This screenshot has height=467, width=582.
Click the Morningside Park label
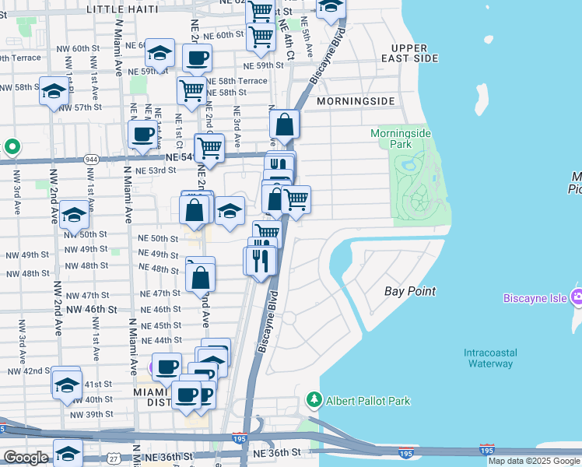pos(400,139)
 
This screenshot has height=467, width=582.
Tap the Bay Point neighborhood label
pos(410,291)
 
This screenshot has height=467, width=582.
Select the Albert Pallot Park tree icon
pos(314,400)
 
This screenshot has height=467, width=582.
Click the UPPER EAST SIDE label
pos(421,53)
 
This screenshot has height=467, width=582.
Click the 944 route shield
pos(90,159)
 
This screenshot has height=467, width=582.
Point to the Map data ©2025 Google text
pos(534,461)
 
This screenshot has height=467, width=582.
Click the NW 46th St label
pos(92,309)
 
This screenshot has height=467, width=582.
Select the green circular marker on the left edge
pos(12,146)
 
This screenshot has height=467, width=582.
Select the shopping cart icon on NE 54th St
pos(209,146)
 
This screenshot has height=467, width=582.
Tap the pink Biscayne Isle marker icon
pos(577,297)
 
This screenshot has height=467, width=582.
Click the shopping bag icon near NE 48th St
pos(201,276)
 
